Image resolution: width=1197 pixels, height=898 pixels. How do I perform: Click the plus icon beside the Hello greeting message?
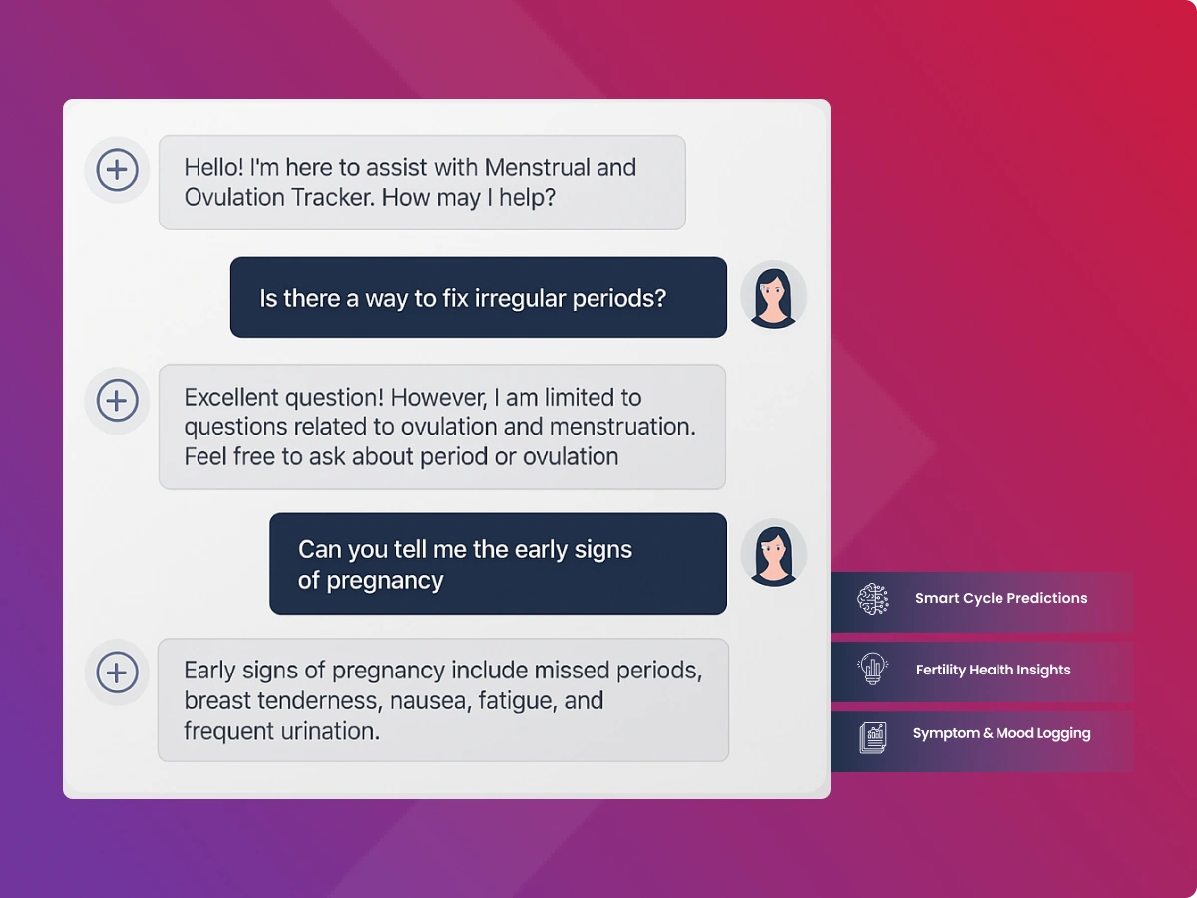tap(117, 170)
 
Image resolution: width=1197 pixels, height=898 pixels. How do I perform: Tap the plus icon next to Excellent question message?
tap(117, 401)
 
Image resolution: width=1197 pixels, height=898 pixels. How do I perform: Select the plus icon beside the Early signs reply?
tap(117, 673)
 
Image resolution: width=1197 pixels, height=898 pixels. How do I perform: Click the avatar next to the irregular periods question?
tap(773, 296)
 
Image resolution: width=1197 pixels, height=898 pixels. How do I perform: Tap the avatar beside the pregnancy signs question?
tap(773, 554)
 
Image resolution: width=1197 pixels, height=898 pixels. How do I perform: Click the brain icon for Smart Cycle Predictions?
tap(873, 599)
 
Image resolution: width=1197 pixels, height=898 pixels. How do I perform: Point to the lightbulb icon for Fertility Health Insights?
tap(873, 669)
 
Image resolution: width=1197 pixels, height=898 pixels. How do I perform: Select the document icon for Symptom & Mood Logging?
tap(873, 737)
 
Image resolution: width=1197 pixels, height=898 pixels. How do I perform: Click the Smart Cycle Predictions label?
tap(1001, 598)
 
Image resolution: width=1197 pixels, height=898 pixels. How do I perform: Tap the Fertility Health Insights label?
tap(994, 670)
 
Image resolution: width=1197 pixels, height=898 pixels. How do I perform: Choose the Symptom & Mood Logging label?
tap(1001, 734)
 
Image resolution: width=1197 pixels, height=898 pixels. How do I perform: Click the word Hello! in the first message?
tap(213, 167)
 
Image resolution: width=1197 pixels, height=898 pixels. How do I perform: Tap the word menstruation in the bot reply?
tap(622, 427)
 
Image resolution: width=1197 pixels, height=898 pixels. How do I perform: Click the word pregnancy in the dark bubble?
tap(385, 581)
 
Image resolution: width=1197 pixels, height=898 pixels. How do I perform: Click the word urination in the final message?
tap(330, 731)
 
